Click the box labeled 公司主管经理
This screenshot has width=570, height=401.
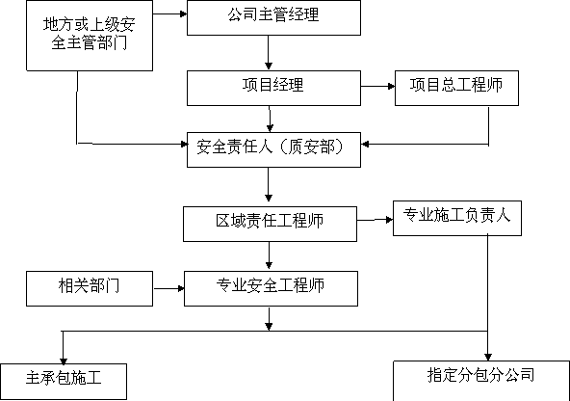click(273, 17)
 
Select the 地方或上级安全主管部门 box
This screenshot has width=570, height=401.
click(90, 36)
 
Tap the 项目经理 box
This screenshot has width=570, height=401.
click(273, 88)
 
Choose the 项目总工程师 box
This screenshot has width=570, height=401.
click(456, 88)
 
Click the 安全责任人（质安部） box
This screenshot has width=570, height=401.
click(273, 150)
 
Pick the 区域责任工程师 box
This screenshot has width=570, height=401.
click(270, 225)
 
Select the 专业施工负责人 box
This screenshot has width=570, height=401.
click(457, 218)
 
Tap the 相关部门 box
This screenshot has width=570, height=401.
click(90, 288)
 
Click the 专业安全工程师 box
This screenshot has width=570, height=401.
click(271, 288)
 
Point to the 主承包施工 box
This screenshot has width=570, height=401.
click(64, 382)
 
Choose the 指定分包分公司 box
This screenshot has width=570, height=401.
click(481, 381)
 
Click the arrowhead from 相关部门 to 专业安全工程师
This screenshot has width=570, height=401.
click(181, 288)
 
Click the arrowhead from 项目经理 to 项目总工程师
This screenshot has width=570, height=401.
click(392, 86)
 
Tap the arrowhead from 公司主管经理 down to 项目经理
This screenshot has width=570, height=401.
click(269, 67)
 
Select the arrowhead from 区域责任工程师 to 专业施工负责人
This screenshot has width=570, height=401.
click(389, 220)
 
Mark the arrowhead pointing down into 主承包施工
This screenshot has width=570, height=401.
click(64, 361)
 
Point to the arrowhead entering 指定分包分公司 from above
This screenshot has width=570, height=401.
click(488, 357)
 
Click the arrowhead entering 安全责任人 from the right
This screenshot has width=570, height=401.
click(365, 144)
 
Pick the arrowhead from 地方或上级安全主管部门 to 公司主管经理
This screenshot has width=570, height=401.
click(184, 13)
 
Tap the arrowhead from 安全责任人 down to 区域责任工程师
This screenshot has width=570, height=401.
click(269, 198)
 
